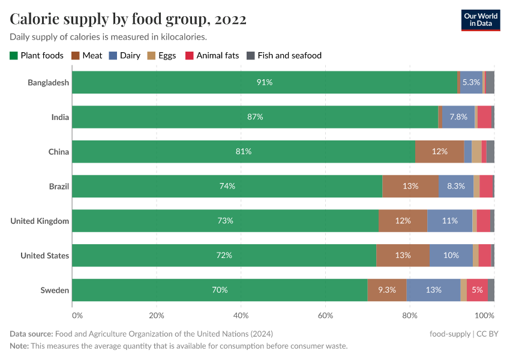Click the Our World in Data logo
480,20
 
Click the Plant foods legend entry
37,56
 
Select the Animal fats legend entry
212,56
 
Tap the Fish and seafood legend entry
284,56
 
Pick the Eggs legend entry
161,56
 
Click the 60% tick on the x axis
325,315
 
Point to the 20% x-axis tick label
157,315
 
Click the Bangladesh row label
48,82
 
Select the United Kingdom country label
40,221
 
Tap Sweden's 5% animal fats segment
477,290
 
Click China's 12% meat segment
439,151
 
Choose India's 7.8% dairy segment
458,117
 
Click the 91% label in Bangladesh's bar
265,82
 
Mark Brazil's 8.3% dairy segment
456,186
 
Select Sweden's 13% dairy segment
433,290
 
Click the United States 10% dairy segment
451,255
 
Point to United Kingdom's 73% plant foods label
225,221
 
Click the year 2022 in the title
228,19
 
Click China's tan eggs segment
476,151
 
